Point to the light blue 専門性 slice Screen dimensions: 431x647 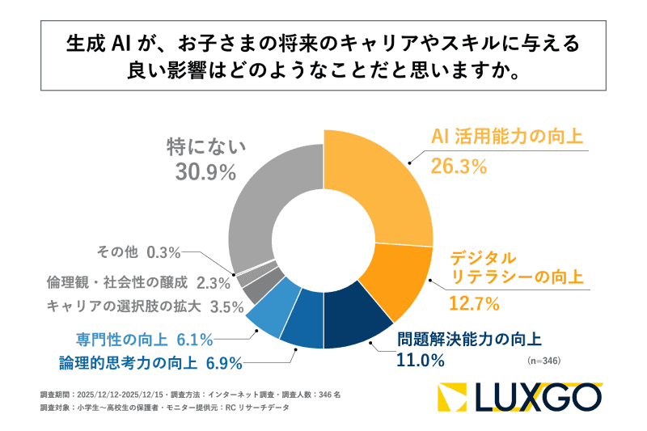(x=266, y=315)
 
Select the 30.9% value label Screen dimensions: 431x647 (x=205, y=171)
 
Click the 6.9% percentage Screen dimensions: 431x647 (x=224, y=361)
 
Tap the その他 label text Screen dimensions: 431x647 (x=119, y=251)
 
